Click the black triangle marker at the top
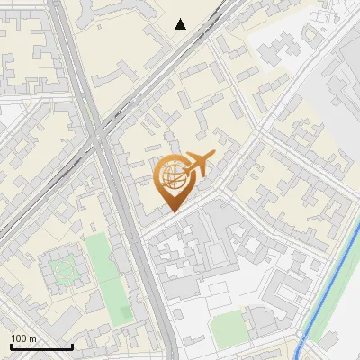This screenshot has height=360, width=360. click(x=181, y=24)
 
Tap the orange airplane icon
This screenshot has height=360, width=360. click(x=200, y=164)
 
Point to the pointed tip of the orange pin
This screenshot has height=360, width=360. click(x=171, y=211)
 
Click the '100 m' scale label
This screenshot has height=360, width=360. click(x=23, y=338)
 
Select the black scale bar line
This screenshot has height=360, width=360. click(x=40, y=346)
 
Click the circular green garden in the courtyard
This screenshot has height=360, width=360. click(x=63, y=268)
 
